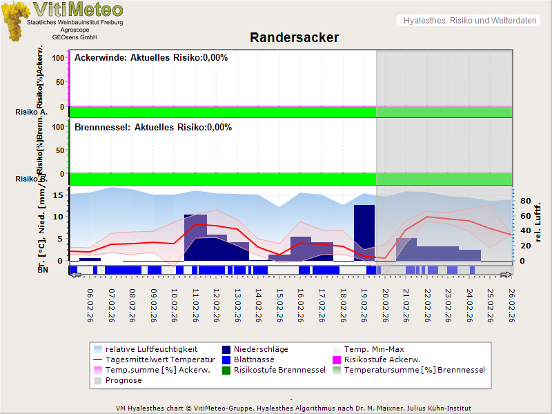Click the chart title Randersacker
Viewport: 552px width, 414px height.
pyautogui.click(x=294, y=37)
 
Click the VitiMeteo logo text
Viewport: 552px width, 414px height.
pyautogui.click(x=78, y=10)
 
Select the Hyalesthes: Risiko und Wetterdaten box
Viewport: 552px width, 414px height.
pyautogui.click(x=469, y=21)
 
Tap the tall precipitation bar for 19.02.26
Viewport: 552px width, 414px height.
pyautogui.click(x=364, y=232)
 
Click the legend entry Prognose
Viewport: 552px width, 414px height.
pyautogui.click(x=124, y=380)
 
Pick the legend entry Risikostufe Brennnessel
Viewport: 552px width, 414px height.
pyautogui.click(x=279, y=370)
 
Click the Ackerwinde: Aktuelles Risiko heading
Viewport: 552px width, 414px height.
pyautogui.click(x=151, y=58)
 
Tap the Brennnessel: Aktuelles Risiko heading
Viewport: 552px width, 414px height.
pyautogui.click(x=153, y=128)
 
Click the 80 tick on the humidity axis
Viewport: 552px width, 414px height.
pyautogui.click(x=524, y=201)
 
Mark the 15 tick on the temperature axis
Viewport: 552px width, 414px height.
pyautogui.click(x=59, y=195)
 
